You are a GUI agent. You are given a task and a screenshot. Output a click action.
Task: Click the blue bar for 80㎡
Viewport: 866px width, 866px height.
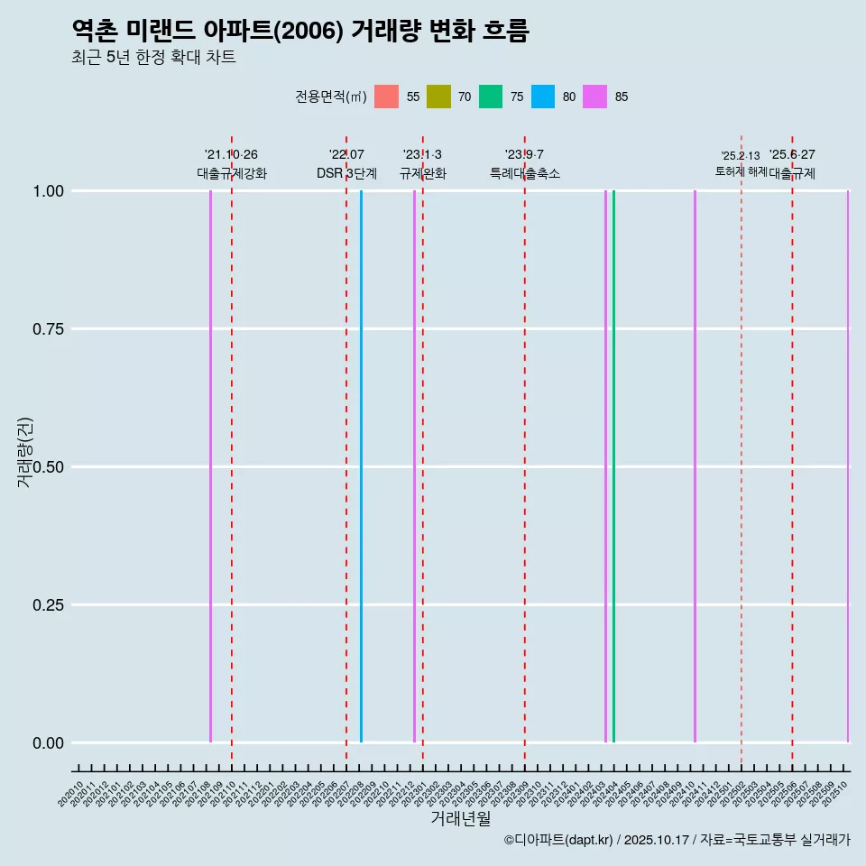point(361,466)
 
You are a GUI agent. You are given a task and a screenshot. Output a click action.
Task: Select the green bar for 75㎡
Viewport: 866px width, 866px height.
point(613,466)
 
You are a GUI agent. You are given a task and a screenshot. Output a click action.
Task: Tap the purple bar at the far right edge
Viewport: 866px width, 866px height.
point(847,466)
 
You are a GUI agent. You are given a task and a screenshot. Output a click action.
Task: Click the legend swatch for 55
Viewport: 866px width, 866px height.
point(386,97)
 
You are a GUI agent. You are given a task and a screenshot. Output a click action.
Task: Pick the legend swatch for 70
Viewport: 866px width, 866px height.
point(438,97)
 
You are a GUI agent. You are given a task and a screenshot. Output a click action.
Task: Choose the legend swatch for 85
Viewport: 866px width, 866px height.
point(594,97)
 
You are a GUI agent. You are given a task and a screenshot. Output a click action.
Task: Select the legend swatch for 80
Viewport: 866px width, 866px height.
point(543,97)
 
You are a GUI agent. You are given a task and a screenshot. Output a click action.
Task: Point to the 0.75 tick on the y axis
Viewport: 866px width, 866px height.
point(47,329)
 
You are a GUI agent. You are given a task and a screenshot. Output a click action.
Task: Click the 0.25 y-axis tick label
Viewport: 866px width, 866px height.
point(47,605)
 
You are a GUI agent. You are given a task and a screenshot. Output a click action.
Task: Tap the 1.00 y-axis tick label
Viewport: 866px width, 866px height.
point(47,191)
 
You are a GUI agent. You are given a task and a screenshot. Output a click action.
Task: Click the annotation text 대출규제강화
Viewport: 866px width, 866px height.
point(232,173)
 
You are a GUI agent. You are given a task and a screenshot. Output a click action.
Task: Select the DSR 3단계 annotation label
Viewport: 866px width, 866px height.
point(346,173)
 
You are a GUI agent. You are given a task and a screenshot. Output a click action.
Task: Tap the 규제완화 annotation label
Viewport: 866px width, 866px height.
point(422,173)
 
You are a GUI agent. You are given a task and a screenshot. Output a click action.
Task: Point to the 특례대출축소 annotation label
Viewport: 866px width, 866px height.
point(525,173)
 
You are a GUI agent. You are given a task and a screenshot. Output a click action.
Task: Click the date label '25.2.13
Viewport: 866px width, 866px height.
point(741,156)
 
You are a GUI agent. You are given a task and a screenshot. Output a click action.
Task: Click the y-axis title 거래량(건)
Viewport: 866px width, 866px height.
point(25,452)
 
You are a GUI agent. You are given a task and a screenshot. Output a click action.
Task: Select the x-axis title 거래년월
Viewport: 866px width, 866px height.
point(460,818)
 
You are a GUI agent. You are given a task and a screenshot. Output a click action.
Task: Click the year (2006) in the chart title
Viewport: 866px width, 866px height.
point(308,31)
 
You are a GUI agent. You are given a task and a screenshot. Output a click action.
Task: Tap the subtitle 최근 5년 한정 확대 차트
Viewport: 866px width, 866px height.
point(153,58)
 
